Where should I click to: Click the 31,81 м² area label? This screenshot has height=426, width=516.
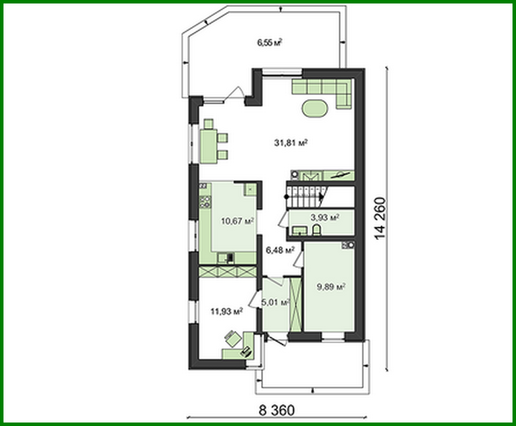291,143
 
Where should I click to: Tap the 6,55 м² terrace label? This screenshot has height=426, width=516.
269,42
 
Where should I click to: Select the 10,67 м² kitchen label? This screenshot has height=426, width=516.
237,221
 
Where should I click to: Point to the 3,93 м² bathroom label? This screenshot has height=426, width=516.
325,217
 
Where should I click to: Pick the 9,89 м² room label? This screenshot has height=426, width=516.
331,287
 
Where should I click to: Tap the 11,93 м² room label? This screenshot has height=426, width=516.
226,311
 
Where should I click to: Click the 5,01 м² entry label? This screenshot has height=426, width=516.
275,302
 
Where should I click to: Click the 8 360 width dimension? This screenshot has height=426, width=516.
276,410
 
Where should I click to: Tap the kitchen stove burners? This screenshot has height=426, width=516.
205,201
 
